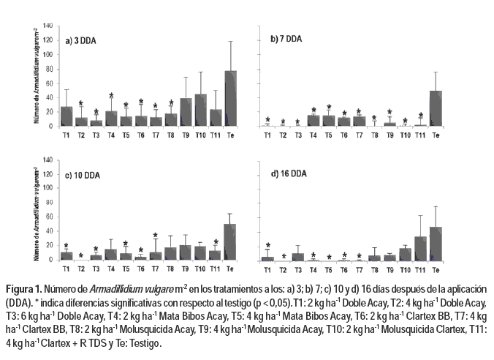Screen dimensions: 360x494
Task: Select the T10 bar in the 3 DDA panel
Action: coord(200,110)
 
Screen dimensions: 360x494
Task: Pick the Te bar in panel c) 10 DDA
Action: coord(230,242)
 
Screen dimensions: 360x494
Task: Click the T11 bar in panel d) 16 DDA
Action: coord(420,249)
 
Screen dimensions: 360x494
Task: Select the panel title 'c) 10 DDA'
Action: coord(84,175)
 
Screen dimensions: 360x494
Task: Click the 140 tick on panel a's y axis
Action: coord(47,26)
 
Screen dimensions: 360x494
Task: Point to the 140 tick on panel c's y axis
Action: coord(47,160)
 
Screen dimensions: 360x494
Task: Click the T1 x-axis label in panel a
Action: coord(66,135)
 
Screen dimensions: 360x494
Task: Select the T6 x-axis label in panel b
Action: coord(344,135)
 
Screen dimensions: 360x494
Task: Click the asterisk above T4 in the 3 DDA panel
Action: coord(111,96)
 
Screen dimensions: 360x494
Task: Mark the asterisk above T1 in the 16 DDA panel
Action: coord(268,245)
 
